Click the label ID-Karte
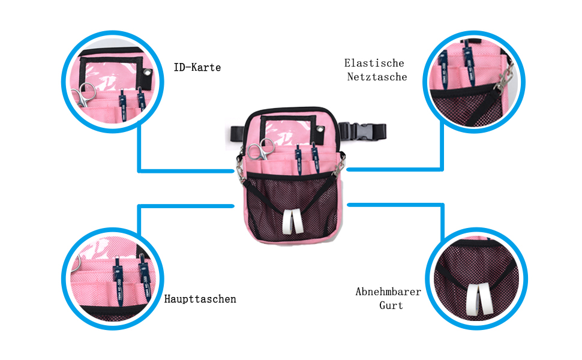click(197, 68)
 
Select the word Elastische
click(374, 63)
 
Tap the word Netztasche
click(377, 77)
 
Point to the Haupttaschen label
click(200, 299)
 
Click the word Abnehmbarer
click(388, 292)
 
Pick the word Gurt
click(391, 305)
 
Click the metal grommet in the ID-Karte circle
click(146, 74)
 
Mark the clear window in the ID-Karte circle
click(115, 71)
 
